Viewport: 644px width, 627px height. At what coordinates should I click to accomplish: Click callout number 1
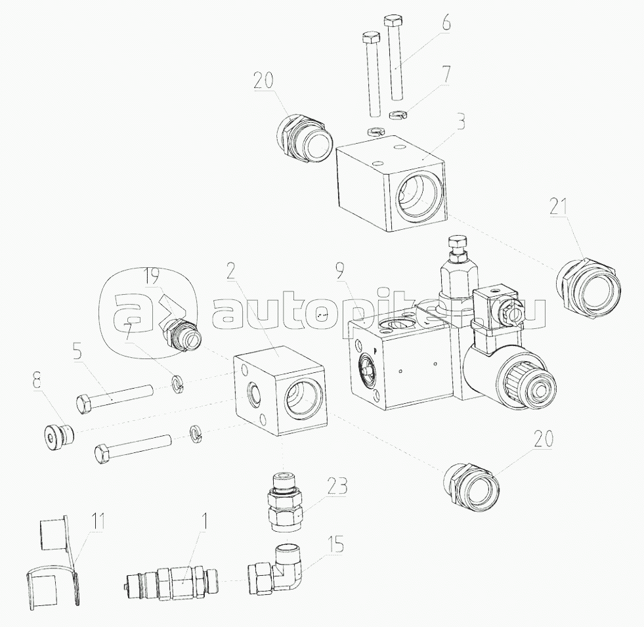(205, 521)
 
